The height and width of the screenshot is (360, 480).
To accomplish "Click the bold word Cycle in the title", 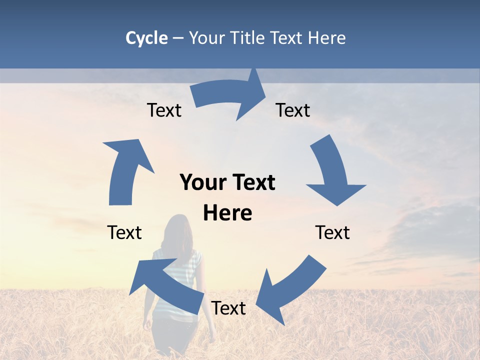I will point(146,38).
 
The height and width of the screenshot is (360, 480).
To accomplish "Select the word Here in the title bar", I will point(327,38).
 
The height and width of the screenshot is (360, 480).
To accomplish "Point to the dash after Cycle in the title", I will point(178,38).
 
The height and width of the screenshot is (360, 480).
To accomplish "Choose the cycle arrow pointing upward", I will point(125,170).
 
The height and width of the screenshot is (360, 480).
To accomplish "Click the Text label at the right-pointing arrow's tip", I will point(293,110).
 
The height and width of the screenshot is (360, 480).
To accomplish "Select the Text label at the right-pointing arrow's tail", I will point(164,110).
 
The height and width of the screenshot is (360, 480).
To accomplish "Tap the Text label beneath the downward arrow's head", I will point(332,232).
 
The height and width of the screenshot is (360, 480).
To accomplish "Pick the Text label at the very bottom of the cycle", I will point(228,308).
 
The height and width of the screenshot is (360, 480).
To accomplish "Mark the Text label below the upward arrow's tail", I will point(124,232).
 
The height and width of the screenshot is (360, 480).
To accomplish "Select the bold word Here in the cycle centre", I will point(227,213).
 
